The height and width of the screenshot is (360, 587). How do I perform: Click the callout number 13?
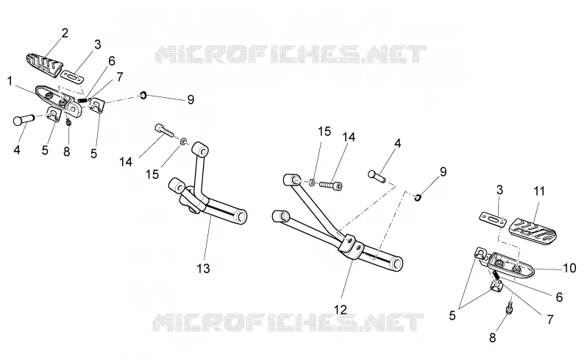204,268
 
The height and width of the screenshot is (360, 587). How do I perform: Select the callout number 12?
341,309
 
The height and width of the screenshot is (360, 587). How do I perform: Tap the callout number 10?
569,268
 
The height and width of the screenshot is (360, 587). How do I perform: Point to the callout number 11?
539,191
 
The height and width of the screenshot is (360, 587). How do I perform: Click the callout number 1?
10,81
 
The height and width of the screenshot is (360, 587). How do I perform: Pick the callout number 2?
65,33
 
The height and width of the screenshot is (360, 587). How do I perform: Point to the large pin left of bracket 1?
24,119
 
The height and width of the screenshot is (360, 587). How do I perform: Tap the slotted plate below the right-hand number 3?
493,219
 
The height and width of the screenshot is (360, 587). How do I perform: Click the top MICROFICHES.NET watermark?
291,54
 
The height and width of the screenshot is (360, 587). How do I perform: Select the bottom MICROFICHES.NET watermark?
288,322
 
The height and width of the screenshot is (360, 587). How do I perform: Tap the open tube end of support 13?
240,216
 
